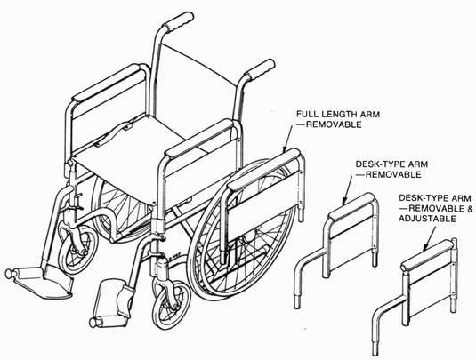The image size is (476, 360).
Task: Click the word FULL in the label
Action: point(307,115)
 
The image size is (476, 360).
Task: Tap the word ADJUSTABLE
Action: point(427,219)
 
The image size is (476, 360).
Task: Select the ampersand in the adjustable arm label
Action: point(469,209)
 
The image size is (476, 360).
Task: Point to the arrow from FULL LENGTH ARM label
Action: point(287,139)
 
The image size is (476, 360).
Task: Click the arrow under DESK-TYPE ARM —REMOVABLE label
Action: point(348,189)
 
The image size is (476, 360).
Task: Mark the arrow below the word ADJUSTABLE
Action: point(430,238)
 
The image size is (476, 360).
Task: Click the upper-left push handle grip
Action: point(178,21)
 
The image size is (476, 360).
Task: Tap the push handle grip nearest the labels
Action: point(260,69)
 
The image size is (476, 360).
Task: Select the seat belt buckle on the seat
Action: point(128,125)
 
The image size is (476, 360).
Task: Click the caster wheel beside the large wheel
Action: point(171,304)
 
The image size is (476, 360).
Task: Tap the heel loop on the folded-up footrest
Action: point(126,300)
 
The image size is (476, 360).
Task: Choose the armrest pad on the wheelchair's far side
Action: point(109,82)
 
